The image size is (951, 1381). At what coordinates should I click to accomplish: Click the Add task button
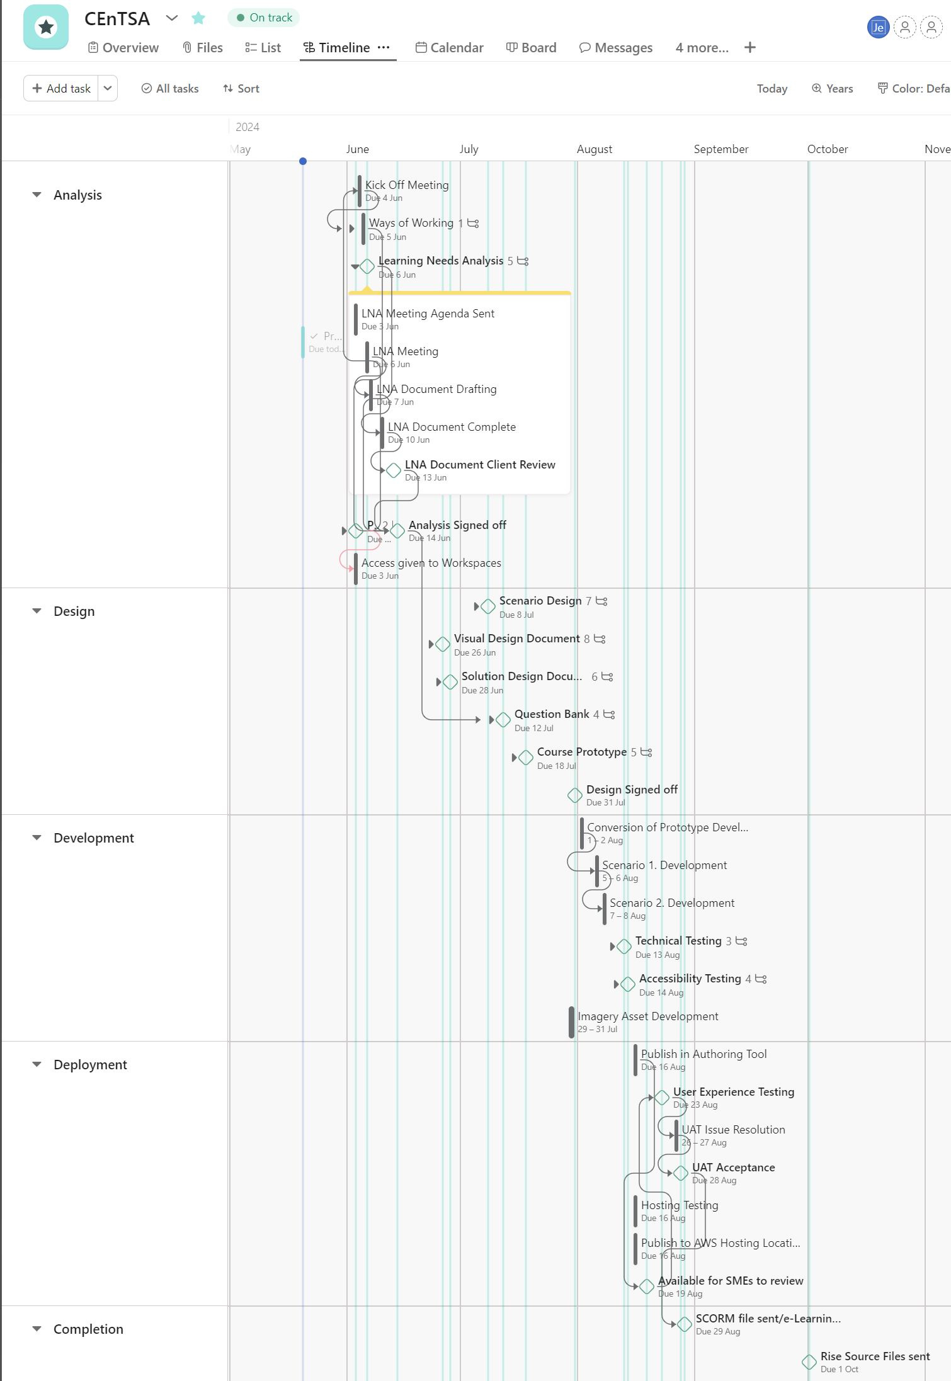(x=61, y=89)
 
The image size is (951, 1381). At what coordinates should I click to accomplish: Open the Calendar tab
(x=450, y=48)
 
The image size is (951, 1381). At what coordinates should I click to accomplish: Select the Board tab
(x=532, y=48)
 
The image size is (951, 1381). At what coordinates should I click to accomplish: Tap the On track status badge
(x=264, y=18)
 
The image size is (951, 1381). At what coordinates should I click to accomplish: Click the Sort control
(x=241, y=89)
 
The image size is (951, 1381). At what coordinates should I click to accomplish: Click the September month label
(x=720, y=149)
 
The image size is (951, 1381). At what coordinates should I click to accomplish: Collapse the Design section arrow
(x=37, y=611)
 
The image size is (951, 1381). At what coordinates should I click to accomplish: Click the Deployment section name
(x=90, y=1065)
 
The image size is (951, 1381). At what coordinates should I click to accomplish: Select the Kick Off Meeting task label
(x=407, y=185)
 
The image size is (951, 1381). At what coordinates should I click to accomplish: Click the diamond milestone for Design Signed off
(x=575, y=795)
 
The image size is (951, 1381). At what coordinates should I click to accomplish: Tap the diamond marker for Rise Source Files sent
(x=809, y=1362)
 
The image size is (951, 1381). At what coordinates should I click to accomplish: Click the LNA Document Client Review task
(x=479, y=465)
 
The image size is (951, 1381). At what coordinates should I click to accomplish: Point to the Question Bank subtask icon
(x=609, y=715)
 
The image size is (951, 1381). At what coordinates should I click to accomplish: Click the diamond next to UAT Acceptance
(x=681, y=1173)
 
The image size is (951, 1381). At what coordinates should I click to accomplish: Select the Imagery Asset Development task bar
(x=571, y=1022)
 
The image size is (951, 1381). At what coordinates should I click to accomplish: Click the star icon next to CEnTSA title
(x=198, y=18)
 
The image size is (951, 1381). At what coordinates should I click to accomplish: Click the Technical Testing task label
(x=678, y=941)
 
